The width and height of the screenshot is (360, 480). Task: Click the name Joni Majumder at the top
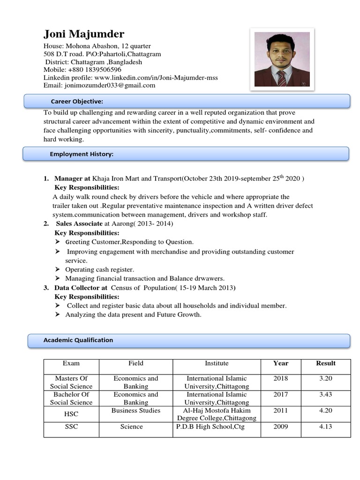(84, 34)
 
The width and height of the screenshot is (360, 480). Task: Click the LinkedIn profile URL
(156, 77)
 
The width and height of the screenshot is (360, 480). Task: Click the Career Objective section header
(77, 102)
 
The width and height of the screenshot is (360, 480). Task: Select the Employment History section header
(82, 154)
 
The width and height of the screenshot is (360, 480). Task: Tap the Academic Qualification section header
(78, 340)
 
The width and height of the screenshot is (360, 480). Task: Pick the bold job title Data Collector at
(81, 288)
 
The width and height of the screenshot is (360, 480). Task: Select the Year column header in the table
(281, 363)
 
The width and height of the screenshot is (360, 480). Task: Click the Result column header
(325, 363)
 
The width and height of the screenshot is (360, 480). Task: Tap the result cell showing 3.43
(325, 395)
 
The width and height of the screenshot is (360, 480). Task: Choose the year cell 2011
(281, 411)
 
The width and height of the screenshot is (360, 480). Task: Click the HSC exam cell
(71, 414)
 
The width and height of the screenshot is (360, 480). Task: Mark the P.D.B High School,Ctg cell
(210, 427)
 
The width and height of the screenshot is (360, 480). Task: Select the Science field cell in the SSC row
(132, 427)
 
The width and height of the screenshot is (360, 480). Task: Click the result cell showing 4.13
(325, 427)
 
